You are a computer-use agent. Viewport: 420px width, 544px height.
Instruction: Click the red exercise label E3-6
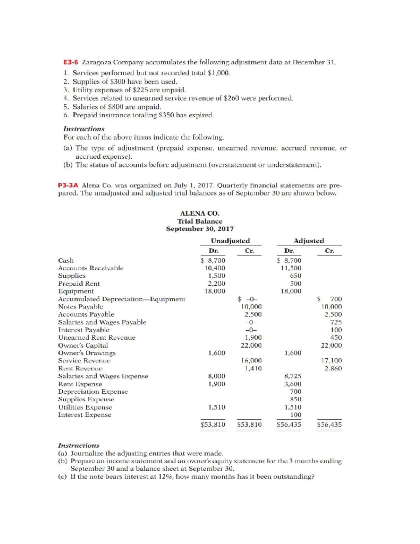(71, 63)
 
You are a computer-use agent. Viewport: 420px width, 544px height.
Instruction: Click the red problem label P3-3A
(68, 185)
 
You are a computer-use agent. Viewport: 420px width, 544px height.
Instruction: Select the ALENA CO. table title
(199, 213)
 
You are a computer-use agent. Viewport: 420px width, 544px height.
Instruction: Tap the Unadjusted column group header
(230, 241)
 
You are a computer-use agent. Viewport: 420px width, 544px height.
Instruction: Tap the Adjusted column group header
(309, 241)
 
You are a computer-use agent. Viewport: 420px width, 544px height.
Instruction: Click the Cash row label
(66, 260)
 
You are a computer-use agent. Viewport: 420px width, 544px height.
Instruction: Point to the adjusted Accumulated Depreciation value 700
(336, 299)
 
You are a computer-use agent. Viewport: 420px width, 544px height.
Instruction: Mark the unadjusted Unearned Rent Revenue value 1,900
(253, 338)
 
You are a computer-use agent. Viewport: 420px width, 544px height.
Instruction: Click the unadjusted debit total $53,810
(213, 425)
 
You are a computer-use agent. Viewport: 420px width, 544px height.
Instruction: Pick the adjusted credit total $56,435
(329, 425)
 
